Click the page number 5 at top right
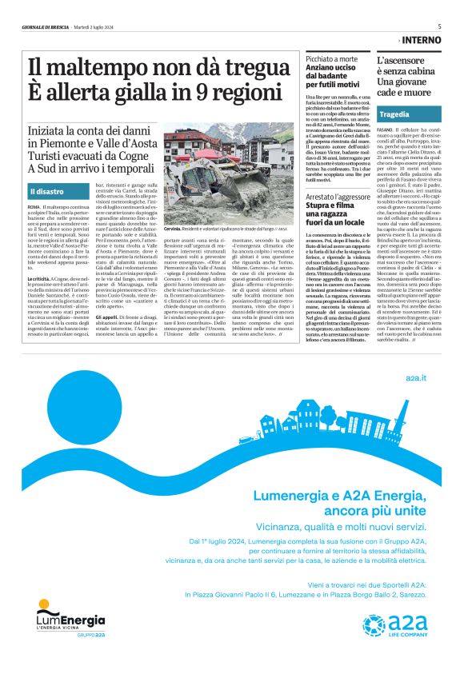coord(439,26)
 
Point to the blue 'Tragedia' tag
coord(395,114)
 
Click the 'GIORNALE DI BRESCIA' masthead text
coord(46,27)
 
